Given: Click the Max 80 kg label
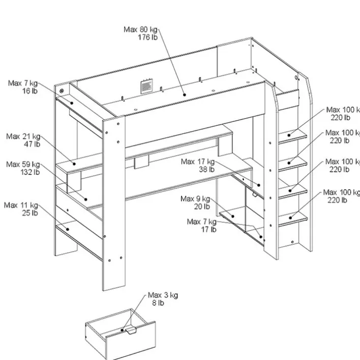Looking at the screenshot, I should click(141, 29).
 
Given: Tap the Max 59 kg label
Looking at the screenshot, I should click(23, 164).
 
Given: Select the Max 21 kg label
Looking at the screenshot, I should click(23, 136).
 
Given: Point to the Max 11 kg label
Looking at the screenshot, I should click(21, 205).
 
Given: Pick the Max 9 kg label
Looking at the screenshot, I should click(195, 199).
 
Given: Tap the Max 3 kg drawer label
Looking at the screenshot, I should click(163, 295).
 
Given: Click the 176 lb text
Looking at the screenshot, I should click(147, 38).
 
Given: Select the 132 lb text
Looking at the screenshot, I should click(29, 172).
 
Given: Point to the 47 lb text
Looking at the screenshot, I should click(31, 144).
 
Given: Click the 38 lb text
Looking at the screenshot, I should click(206, 170).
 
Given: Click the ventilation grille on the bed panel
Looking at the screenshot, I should click(146, 86).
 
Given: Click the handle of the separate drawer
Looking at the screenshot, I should click(132, 332).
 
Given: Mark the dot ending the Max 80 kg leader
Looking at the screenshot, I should click(184, 94).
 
